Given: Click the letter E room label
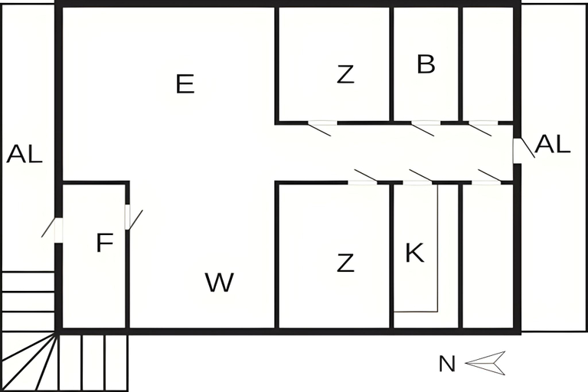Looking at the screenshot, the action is [185, 83].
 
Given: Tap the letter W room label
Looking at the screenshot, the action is [220, 282].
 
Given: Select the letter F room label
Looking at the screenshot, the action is [105, 243].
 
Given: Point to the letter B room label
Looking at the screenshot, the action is [426, 64].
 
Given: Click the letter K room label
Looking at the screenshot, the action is [415, 253].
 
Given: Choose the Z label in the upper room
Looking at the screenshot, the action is [345, 74].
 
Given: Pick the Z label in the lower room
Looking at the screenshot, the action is [345, 263].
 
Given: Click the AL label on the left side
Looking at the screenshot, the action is [24, 153].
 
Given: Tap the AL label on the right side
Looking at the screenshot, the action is [553, 144].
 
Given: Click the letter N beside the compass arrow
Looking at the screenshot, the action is [447, 364].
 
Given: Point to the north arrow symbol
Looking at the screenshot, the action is [485, 363].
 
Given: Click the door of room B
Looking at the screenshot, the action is [423, 129].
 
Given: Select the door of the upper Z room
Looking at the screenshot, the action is [320, 129].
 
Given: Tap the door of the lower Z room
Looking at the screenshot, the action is [363, 177].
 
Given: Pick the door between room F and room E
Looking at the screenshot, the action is [133, 217].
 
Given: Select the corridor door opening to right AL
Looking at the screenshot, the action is [524, 151].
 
